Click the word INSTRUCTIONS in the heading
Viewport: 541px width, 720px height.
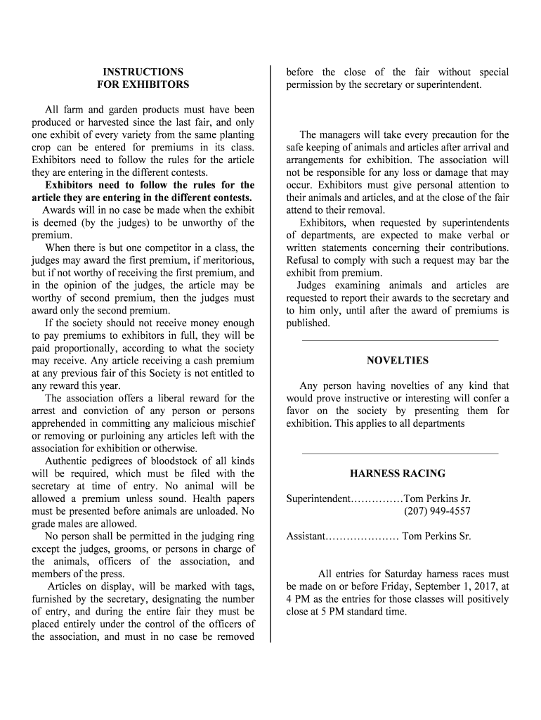(x=143, y=72)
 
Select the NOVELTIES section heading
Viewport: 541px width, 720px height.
(x=398, y=361)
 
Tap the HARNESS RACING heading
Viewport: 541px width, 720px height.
(x=398, y=474)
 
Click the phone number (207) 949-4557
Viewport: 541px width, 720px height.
(x=437, y=511)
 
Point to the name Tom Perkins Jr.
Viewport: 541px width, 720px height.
(x=437, y=499)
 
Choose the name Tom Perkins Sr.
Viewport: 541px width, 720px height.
(x=436, y=536)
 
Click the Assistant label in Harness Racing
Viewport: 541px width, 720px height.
(x=306, y=536)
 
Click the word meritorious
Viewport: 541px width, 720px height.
(x=226, y=260)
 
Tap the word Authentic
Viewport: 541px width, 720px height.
(x=67, y=461)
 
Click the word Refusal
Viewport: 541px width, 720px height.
(x=304, y=260)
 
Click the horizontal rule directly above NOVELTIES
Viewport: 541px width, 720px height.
(x=400, y=340)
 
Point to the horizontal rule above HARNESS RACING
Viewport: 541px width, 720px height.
(x=400, y=453)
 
